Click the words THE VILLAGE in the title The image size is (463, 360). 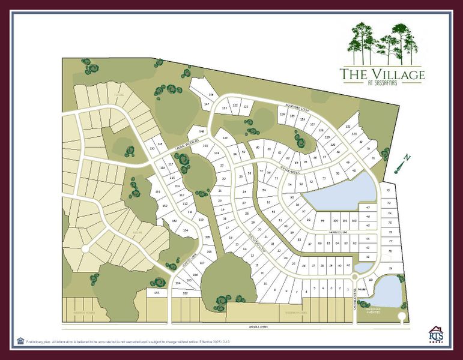pos(382,74)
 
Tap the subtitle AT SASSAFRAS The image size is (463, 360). pos(382,83)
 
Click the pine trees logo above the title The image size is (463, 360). pos(382,43)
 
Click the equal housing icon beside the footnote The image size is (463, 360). pos(20,340)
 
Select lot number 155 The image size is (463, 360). pos(157,292)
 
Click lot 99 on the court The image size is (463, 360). pos(323,221)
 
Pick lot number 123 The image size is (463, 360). pos(225,108)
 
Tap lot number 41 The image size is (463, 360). pos(348,265)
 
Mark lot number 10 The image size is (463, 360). pos(265,283)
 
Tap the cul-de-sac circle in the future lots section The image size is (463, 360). pos(85,248)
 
